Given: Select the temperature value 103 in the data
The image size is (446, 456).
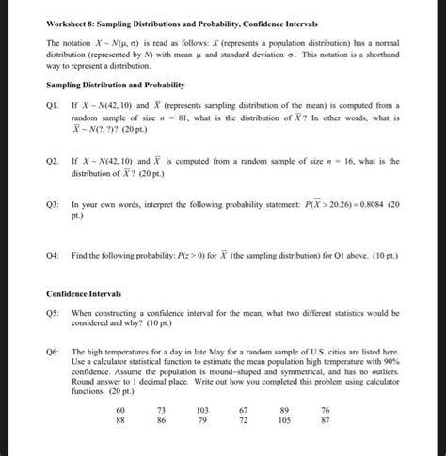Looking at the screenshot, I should click(201, 411).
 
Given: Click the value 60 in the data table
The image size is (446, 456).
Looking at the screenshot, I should click(119, 411).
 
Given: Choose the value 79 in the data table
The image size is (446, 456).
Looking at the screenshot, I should click(201, 422).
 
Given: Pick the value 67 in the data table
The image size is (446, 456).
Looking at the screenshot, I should click(243, 411).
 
